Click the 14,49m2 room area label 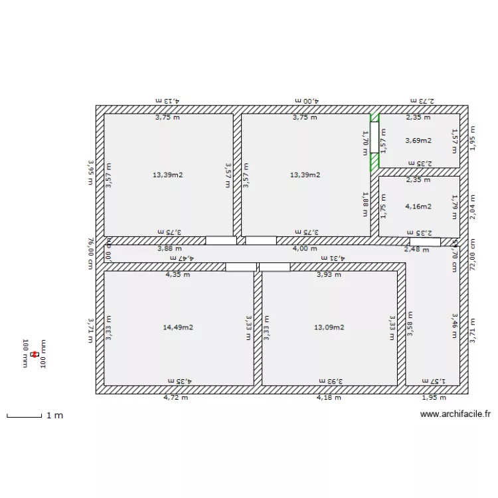(178, 327)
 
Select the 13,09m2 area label (329, 327)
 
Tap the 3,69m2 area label (418, 140)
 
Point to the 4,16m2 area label (418, 207)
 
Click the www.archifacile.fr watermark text (455, 414)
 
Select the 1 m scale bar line (24, 417)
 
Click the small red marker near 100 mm (35, 355)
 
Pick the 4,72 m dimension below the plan (176, 398)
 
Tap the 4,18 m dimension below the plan (329, 398)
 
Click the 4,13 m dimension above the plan (168, 100)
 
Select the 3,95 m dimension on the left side (91, 173)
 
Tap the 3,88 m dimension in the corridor (169, 248)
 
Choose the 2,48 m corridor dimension (416, 249)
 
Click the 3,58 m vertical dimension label (410, 324)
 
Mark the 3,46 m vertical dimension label (455, 326)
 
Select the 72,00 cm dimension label (473, 254)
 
